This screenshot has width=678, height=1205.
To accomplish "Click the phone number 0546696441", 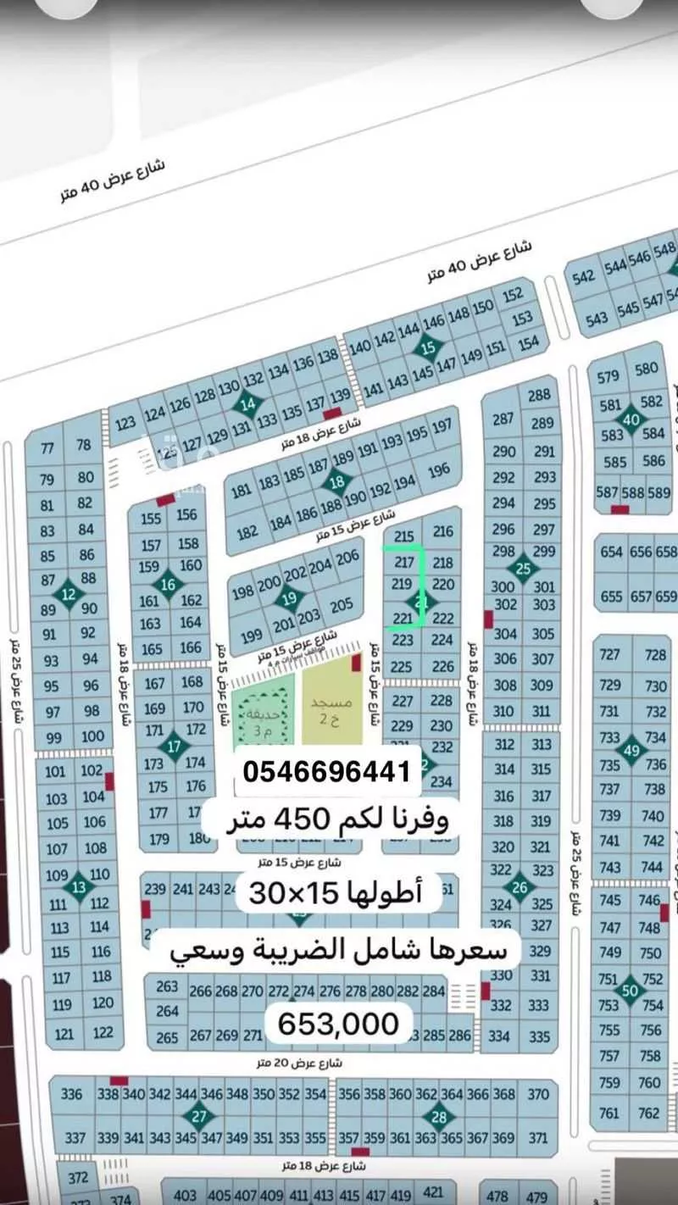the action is click(327, 771).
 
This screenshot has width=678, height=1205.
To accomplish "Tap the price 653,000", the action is click(338, 1024).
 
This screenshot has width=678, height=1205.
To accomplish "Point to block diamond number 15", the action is click(429, 347).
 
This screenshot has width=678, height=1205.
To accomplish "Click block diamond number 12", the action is click(69, 594).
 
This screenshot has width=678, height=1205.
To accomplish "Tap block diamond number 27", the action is click(199, 1116).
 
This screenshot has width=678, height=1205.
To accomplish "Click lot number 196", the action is click(439, 470).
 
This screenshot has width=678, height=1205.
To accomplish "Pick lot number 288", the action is click(539, 395).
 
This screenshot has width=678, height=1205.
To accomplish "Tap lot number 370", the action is click(537, 1094).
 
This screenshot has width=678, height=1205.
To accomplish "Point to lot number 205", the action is click(342, 605).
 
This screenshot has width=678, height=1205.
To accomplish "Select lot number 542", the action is click(584, 277).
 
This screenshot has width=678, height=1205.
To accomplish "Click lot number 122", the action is click(103, 1032).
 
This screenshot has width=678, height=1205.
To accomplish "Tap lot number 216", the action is click(442, 532).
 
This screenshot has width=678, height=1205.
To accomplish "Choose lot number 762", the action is click(649, 1113).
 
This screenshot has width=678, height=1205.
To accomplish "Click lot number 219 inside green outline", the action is click(401, 584).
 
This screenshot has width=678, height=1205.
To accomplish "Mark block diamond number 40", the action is click(631, 419).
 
